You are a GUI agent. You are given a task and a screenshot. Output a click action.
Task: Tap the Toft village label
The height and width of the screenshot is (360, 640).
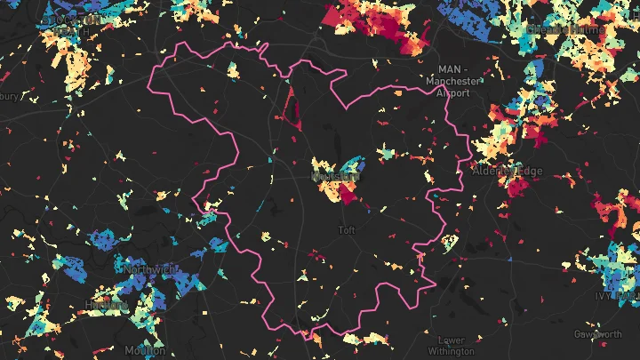[347, 230]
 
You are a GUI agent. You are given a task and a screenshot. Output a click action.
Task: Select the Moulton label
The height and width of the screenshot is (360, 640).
[145, 349]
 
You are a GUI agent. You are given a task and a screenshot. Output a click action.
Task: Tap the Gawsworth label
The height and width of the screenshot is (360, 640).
[598, 334]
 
